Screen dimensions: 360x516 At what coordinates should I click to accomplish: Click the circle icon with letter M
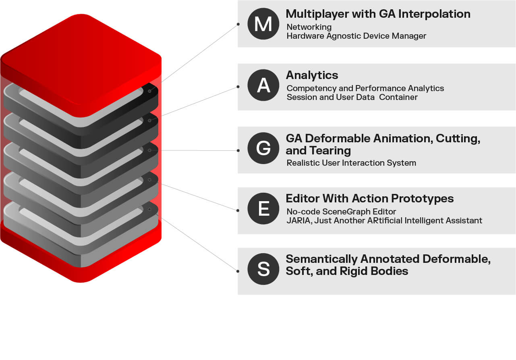click(x=263, y=24)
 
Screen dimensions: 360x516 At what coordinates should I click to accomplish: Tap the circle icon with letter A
click(x=263, y=85)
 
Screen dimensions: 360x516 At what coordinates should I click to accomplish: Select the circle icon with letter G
click(x=263, y=148)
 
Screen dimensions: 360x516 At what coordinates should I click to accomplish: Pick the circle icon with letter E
click(x=263, y=208)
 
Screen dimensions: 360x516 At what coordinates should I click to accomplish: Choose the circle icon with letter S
click(x=263, y=269)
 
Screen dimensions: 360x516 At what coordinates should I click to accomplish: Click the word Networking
click(x=309, y=27)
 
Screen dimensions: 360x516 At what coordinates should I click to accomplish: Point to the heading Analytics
click(x=312, y=75)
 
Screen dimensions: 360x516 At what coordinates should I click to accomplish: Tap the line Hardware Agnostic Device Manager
click(x=356, y=36)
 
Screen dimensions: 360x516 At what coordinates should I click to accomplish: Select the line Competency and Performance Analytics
click(x=365, y=88)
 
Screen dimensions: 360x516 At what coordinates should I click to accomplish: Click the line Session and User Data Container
click(x=352, y=97)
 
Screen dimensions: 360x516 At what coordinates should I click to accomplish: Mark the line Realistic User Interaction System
click(x=351, y=163)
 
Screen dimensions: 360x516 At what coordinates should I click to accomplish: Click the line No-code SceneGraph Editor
click(x=341, y=212)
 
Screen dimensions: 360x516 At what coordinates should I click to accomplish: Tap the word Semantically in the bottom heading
click(x=321, y=259)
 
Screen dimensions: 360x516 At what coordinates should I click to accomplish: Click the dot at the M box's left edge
click(x=238, y=24)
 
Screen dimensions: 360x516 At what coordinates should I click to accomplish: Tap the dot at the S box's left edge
click(x=238, y=271)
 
